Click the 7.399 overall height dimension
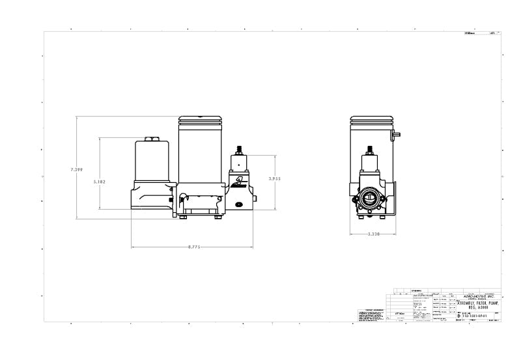coord(77,169)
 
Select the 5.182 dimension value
coord(99,181)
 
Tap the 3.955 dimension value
coord(275,177)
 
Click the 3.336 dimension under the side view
coord(373,234)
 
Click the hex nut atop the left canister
coord(151,139)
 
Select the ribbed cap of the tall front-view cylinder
coord(202,121)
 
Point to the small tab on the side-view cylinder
coord(397,134)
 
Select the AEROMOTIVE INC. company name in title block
coord(478,295)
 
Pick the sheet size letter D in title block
coord(458,315)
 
